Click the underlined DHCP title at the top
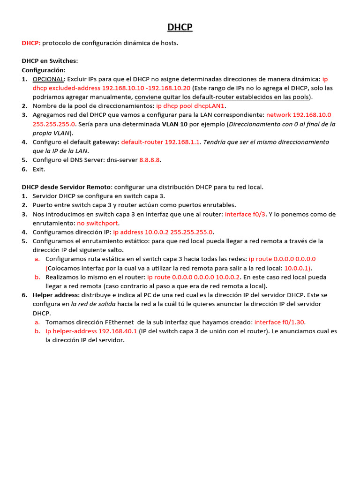[x=180, y=28]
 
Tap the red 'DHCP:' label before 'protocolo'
[x=31, y=43]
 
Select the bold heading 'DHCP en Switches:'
[x=50, y=61]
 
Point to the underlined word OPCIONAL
[x=48, y=79]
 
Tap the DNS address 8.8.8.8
[x=150, y=160]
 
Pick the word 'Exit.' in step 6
[x=39, y=169]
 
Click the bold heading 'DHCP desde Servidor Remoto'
[x=66, y=187]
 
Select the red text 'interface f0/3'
[x=245, y=214]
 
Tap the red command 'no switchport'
[x=97, y=223]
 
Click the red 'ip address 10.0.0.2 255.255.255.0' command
[x=163, y=232]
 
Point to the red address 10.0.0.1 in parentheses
[x=298, y=268]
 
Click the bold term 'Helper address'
[x=56, y=295]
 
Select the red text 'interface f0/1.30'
[x=280, y=322]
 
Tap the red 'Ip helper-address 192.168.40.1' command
[x=91, y=331]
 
